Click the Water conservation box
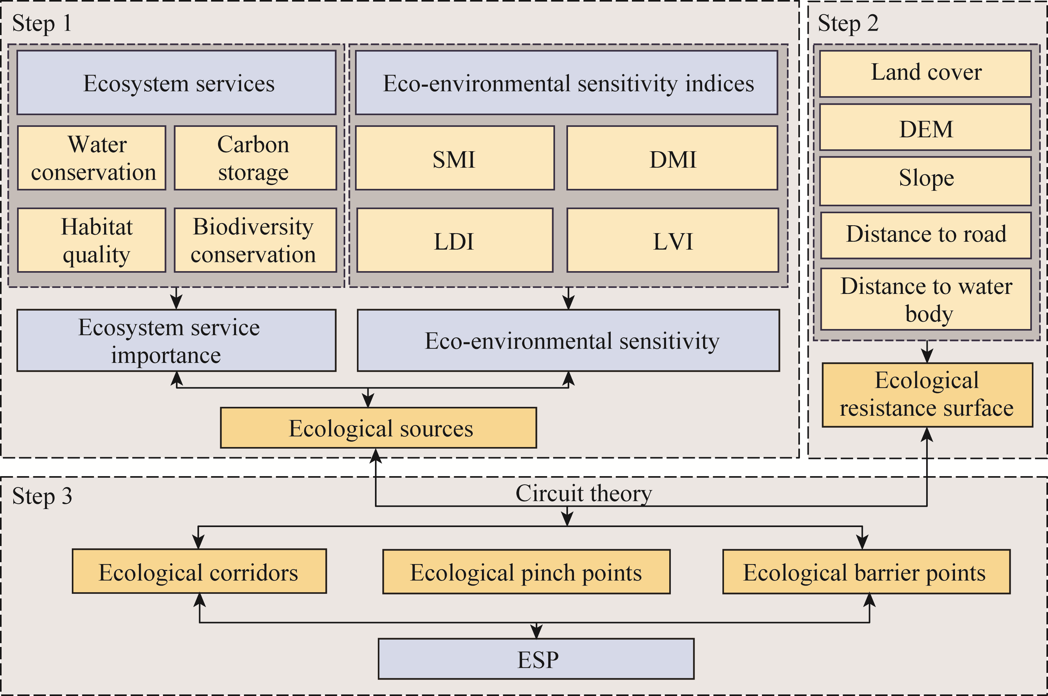click(x=91, y=158)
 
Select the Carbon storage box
click(x=255, y=158)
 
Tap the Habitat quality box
click(x=91, y=240)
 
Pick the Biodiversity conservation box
click(x=255, y=240)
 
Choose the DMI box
click(x=672, y=158)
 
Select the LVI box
click(x=672, y=240)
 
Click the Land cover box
click(x=926, y=74)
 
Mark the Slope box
click(x=926, y=181)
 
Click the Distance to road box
click(x=926, y=235)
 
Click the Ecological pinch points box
click(x=527, y=572)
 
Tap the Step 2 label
click(x=848, y=23)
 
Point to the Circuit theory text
click(x=584, y=494)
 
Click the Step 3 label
click(x=42, y=496)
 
